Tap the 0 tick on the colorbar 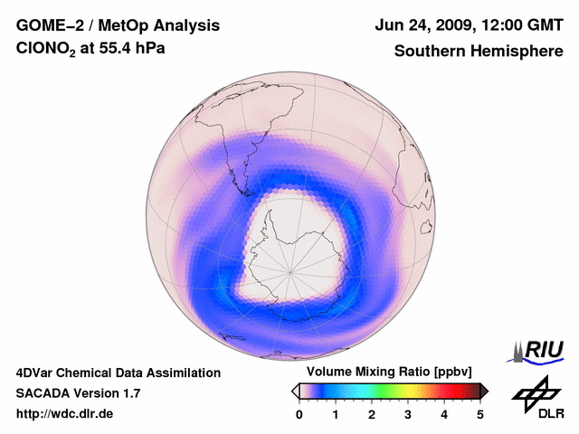[299, 414]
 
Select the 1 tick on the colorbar [336, 414]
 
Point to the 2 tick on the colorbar [372, 414]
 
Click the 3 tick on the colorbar [408, 414]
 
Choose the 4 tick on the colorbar [444, 414]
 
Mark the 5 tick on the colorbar [480, 414]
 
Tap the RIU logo [541, 350]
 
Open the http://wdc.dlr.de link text [65, 414]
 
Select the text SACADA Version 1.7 [78, 393]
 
